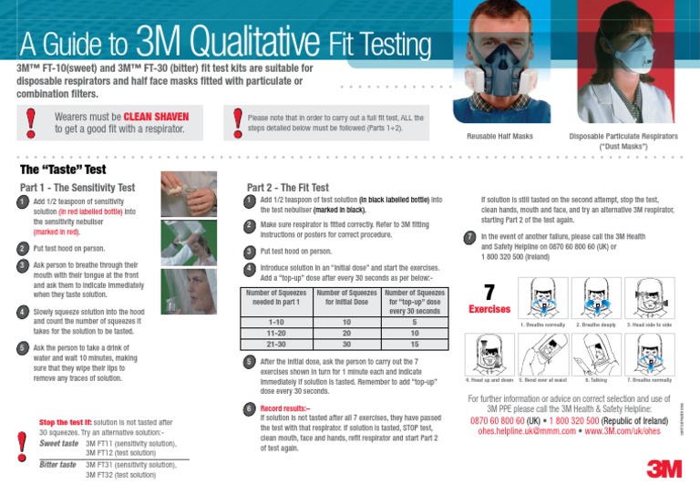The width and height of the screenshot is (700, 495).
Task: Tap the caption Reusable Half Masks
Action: [x=499, y=136]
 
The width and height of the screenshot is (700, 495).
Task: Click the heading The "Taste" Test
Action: [x=63, y=170]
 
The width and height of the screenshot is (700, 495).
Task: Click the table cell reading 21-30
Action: [x=274, y=345]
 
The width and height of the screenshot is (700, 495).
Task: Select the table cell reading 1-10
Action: [x=274, y=322]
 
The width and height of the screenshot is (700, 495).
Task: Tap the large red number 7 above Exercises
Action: [x=489, y=292]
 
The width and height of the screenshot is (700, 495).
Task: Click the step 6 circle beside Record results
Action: [x=249, y=409]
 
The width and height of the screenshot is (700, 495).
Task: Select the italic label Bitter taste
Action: [x=58, y=464]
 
